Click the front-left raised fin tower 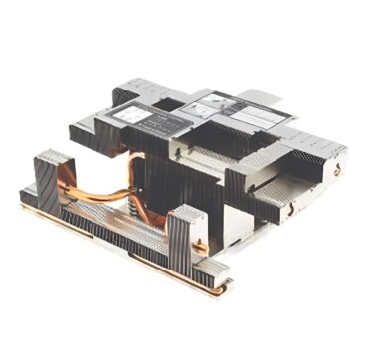(x=50, y=179)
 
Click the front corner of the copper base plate (x=225, y=289)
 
